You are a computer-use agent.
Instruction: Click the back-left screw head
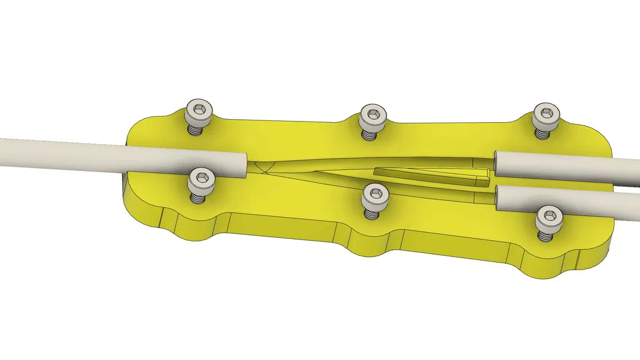[x=199, y=111]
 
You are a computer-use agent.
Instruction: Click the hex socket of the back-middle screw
[x=373, y=113]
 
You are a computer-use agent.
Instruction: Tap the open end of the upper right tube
[x=497, y=165]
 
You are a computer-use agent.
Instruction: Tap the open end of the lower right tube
[x=498, y=196]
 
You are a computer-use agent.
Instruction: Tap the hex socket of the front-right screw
[x=548, y=216]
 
